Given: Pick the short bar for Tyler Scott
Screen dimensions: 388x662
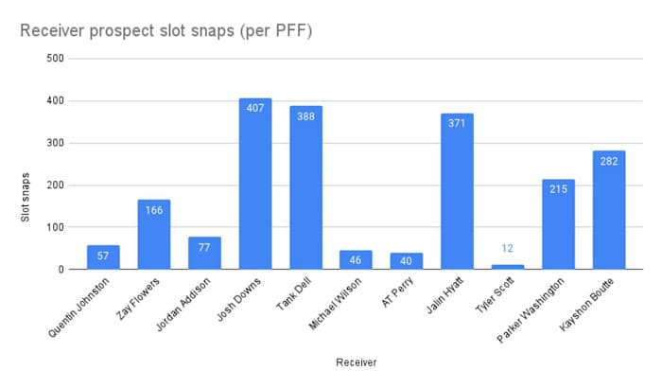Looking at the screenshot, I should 508,267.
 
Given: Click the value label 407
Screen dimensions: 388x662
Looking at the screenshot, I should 254,107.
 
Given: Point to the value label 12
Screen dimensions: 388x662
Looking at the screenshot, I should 508,249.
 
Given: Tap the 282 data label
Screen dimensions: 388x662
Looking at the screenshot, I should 609,160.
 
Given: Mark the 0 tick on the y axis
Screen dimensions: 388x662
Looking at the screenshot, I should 60,270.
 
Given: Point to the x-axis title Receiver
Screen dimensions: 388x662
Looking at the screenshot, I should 356,361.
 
